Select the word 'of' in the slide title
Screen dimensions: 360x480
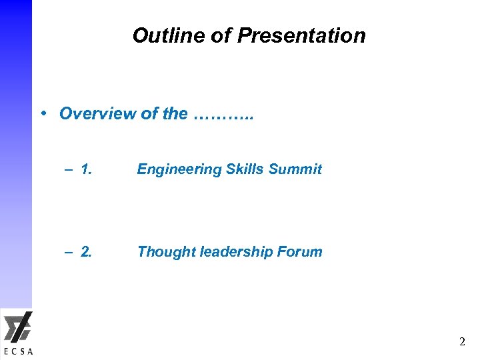[x=220, y=35]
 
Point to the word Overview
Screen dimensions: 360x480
[x=97, y=113]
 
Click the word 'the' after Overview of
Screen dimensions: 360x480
[x=175, y=113]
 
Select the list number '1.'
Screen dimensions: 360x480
[x=86, y=169]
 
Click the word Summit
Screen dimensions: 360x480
[x=295, y=169]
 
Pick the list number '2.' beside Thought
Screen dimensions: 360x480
[x=86, y=252]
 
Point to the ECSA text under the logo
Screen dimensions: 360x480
[x=17, y=351]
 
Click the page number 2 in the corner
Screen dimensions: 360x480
[x=462, y=342]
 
